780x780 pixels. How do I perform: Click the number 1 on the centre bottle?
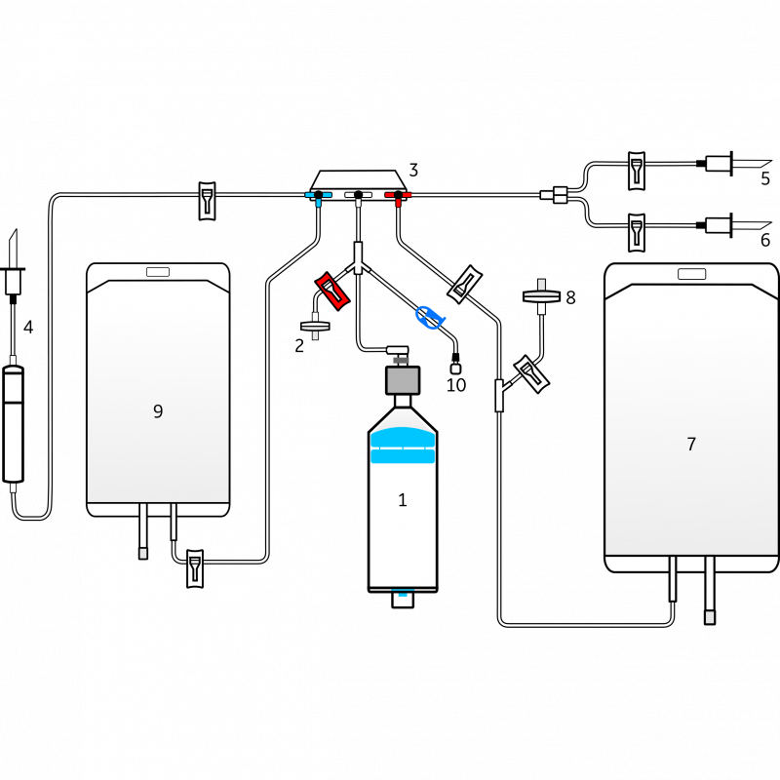(x=402, y=500)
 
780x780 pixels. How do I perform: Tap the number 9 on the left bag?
(x=158, y=411)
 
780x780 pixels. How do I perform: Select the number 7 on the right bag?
(x=691, y=445)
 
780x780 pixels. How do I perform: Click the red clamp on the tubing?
(x=333, y=291)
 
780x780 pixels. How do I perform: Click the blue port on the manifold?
(x=318, y=196)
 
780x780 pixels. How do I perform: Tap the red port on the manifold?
(x=398, y=196)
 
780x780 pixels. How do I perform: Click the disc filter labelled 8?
(x=543, y=295)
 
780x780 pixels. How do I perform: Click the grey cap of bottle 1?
(x=402, y=379)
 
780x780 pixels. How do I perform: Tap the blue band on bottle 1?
(x=402, y=447)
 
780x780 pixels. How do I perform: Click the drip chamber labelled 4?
(x=13, y=424)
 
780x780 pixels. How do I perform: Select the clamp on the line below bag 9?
(x=194, y=567)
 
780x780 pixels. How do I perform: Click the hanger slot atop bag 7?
(x=691, y=274)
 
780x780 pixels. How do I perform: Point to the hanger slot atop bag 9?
(x=158, y=272)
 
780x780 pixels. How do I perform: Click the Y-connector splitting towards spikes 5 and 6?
(x=560, y=196)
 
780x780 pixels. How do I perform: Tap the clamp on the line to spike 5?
(x=636, y=169)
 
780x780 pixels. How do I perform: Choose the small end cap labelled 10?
(x=455, y=369)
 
